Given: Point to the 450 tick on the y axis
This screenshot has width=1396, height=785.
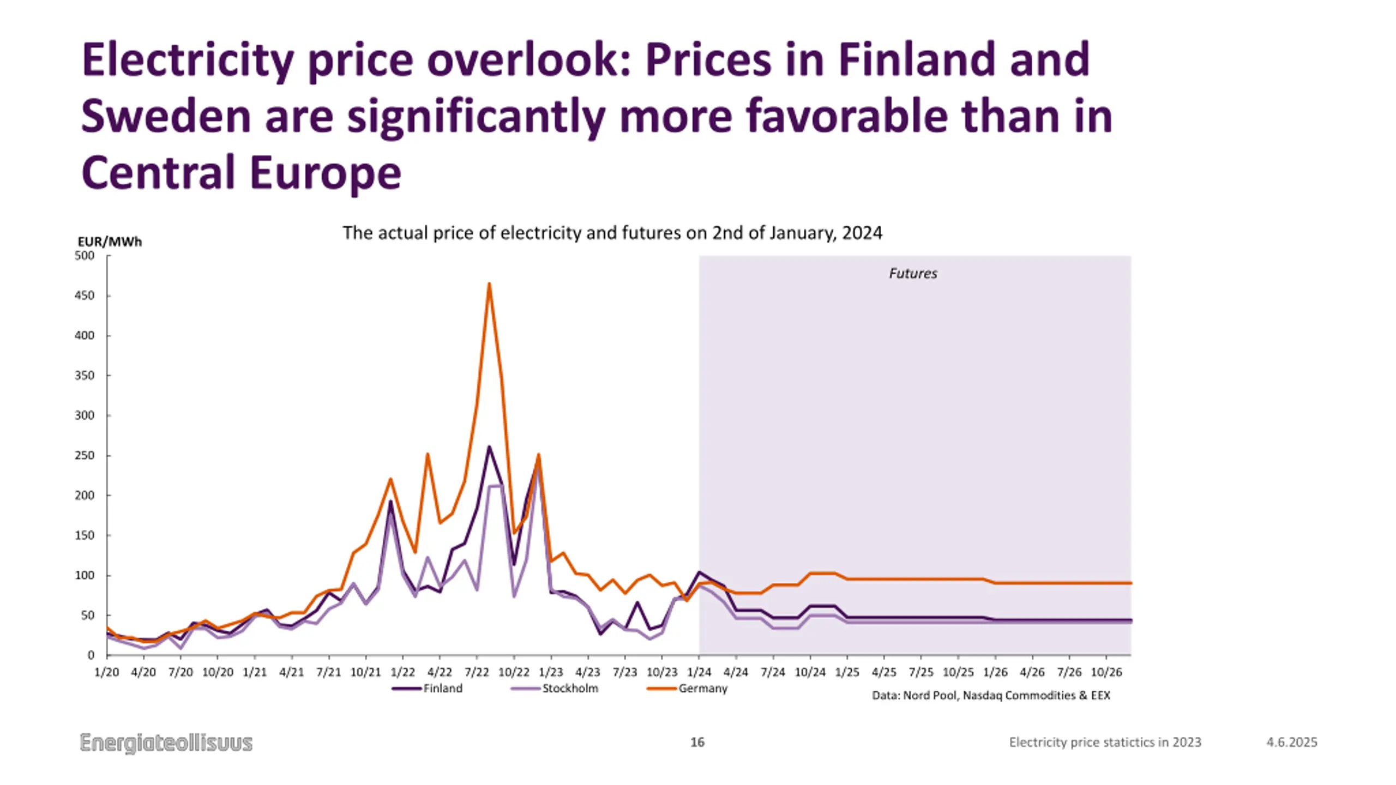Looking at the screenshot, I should (x=85, y=295).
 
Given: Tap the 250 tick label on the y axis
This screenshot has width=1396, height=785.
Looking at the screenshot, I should (x=85, y=455).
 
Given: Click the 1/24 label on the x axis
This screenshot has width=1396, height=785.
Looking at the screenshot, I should (x=699, y=672).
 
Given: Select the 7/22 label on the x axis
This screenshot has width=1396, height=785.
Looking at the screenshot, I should (x=477, y=672).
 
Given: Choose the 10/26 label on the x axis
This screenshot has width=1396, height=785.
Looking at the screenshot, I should (x=1106, y=672).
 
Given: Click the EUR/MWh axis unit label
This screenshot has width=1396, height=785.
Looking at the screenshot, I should (x=110, y=241).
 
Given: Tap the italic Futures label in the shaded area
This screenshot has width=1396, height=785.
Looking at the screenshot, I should (x=913, y=273).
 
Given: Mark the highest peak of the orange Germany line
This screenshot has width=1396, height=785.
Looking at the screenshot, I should (x=489, y=283).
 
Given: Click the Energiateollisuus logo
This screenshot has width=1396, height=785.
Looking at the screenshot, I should (x=166, y=742).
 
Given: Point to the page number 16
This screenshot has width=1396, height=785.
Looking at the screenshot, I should (x=697, y=742).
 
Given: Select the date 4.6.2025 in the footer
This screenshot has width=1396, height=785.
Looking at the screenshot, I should (x=1291, y=742).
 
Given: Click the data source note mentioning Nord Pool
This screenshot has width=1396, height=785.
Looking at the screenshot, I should (x=991, y=696).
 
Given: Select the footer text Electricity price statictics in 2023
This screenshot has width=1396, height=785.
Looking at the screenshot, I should (x=1105, y=742).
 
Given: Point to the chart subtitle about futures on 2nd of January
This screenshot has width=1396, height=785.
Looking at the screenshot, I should (x=612, y=233).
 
